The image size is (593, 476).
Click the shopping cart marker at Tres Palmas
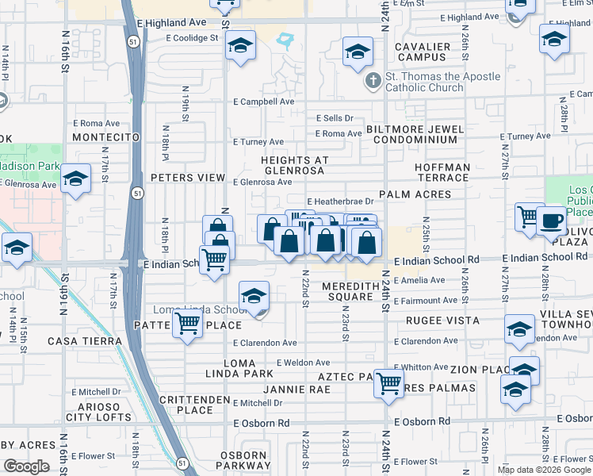click(388, 382)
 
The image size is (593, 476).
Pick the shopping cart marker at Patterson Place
click(187, 323)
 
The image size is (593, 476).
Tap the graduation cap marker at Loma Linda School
click(254, 297)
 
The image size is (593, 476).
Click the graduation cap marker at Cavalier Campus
click(358, 52)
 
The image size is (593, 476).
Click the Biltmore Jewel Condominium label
click(415, 134)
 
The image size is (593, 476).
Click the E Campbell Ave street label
click(263, 102)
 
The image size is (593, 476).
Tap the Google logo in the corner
click(26, 466)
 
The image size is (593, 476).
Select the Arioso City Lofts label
click(98, 412)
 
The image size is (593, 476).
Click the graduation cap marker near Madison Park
click(76, 178)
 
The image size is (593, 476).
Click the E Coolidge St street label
click(192, 38)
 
